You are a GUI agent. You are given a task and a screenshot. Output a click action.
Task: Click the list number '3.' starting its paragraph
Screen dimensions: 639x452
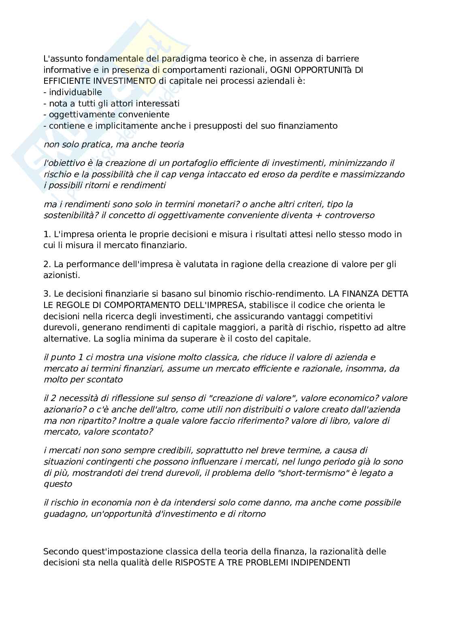pyautogui.click(x=47, y=293)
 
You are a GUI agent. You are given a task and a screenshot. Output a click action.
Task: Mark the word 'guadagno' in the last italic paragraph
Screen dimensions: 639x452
pyautogui.click(x=62, y=514)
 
